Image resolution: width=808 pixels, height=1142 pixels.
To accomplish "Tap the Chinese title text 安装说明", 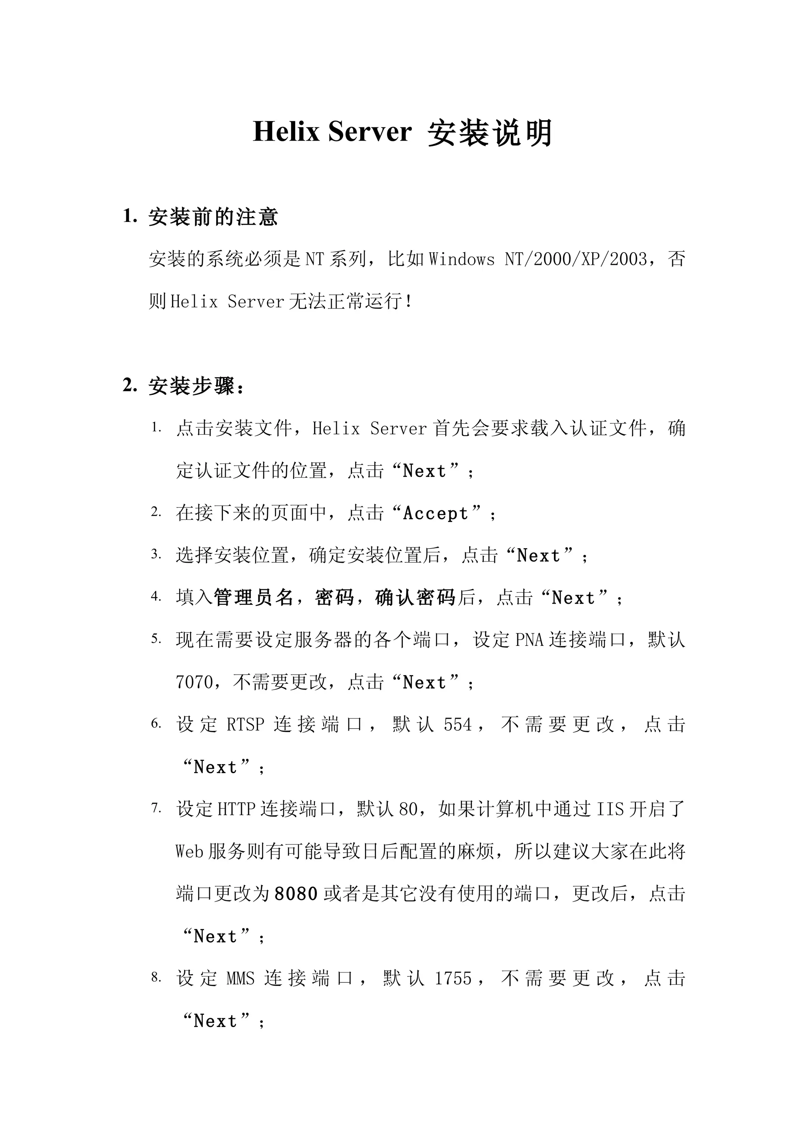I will pyautogui.click(x=490, y=133).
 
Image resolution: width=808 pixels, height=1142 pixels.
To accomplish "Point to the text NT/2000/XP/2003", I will pyautogui.click(x=576, y=259).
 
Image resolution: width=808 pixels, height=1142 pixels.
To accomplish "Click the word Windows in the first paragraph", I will pyautogui.click(x=462, y=259).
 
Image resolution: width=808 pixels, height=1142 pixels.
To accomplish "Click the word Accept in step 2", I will pyautogui.click(x=436, y=513).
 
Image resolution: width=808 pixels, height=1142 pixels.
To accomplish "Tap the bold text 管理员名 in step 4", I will pyautogui.click(x=253, y=597).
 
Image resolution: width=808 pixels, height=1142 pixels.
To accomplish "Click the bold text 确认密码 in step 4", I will pyautogui.click(x=415, y=597).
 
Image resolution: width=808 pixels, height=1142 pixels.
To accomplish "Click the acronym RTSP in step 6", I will pyautogui.click(x=245, y=725).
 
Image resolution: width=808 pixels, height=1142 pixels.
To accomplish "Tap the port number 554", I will pyautogui.click(x=458, y=725).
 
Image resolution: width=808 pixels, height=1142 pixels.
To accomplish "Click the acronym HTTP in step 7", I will pyautogui.click(x=236, y=809).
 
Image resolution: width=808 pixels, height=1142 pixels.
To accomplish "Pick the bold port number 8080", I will pyautogui.click(x=296, y=894).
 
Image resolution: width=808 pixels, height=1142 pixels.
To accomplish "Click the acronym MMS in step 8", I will pyautogui.click(x=240, y=978).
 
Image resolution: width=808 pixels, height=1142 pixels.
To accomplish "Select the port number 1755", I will pyautogui.click(x=453, y=978).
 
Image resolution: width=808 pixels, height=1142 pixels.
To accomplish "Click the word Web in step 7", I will pyautogui.click(x=189, y=852).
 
